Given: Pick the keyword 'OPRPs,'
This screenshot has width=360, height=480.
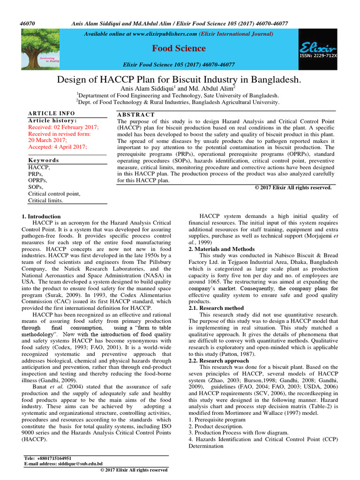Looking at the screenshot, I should coord(39,180).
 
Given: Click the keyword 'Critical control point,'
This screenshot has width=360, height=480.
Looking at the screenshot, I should coord(54,194).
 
